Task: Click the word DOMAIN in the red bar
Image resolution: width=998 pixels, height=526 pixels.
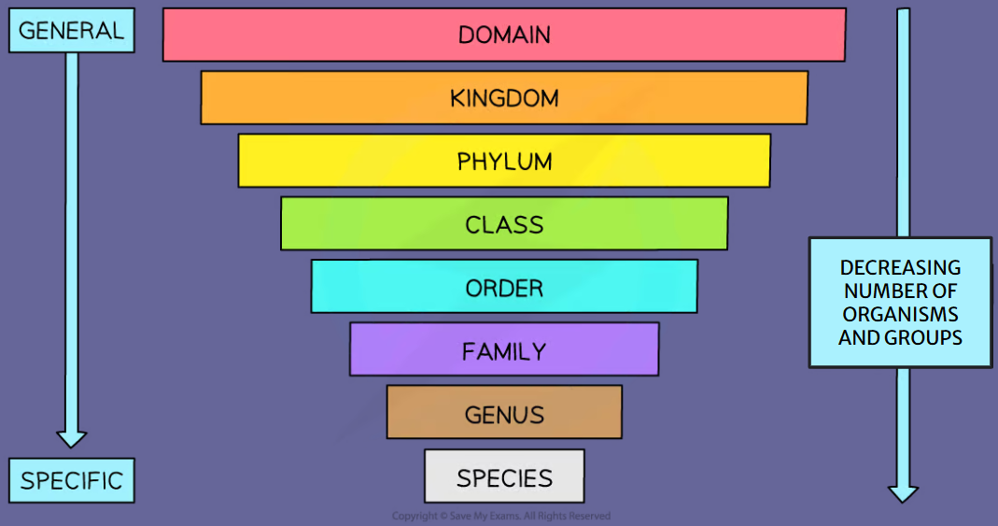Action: [504, 36]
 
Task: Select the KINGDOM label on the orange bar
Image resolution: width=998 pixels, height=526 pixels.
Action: [504, 98]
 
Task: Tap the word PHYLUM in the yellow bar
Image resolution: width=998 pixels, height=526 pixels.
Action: [504, 162]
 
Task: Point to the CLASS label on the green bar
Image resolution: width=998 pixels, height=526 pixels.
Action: [504, 225]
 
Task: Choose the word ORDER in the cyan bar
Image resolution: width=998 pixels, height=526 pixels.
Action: [504, 288]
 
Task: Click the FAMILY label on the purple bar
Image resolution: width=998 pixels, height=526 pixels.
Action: [504, 351]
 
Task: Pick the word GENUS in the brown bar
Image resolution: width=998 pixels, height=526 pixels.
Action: [504, 415]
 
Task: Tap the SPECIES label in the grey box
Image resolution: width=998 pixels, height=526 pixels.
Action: [504, 478]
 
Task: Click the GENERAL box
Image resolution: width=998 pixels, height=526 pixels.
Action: [71, 30]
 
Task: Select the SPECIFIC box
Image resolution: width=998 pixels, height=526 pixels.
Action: [71, 481]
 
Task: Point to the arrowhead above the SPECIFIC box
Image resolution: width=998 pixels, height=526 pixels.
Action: [71, 437]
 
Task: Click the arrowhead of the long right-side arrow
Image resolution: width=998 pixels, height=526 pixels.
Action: [903, 492]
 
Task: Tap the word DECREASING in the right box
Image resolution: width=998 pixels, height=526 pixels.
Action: [900, 267]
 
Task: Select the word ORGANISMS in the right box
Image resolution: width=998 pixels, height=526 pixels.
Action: [900, 314]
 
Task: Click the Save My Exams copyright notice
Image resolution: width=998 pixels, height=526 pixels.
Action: [501, 516]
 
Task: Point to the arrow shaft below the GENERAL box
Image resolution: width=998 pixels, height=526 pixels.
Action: [71, 234]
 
